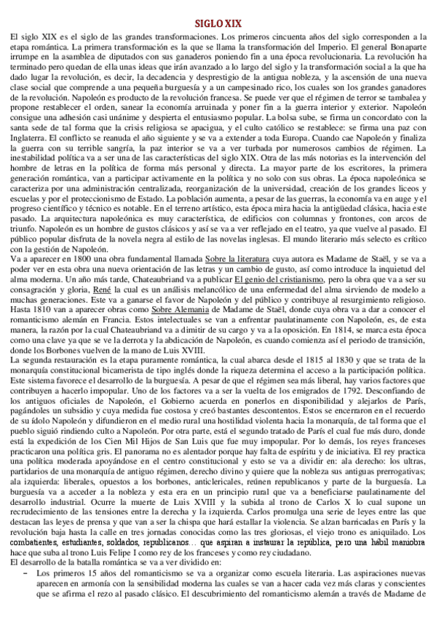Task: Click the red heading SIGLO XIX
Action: point(218,23)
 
